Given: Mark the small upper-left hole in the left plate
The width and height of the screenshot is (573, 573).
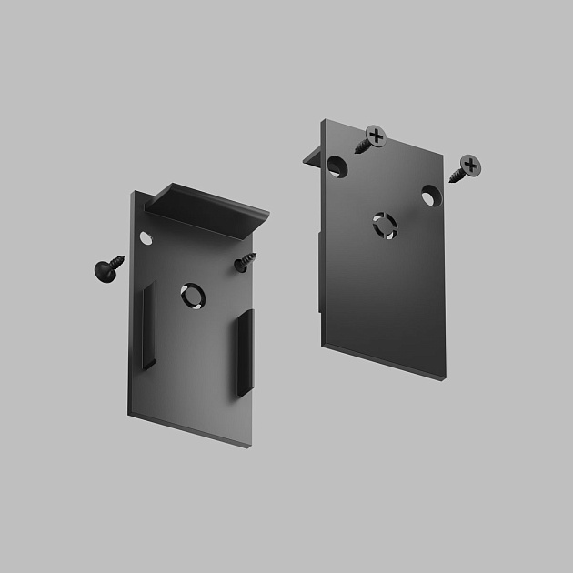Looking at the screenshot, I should [x=144, y=238].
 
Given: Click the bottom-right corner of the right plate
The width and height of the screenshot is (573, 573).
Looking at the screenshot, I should [x=446, y=375].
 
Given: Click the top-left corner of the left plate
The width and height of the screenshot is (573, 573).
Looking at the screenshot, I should [x=131, y=192].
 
